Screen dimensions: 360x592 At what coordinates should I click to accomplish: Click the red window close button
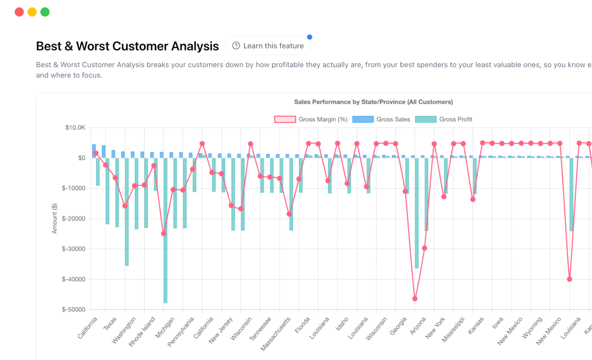[x=19, y=12]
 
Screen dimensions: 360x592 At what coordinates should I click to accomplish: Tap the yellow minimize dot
[x=32, y=12]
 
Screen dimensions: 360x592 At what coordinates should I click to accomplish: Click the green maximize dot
[x=45, y=12]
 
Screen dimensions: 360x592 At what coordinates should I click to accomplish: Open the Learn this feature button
[x=268, y=46]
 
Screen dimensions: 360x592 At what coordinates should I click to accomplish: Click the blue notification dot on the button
[x=309, y=37]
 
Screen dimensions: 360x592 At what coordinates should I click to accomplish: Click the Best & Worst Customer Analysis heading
[x=127, y=46]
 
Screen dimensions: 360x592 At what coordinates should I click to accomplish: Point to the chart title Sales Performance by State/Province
[x=373, y=102]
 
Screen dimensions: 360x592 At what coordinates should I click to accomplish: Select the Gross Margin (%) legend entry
[x=311, y=119]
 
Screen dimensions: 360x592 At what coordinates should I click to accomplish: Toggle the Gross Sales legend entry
[x=381, y=119]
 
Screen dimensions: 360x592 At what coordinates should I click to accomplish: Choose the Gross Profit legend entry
[x=444, y=119]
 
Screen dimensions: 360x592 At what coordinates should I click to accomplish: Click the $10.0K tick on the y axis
[x=75, y=128]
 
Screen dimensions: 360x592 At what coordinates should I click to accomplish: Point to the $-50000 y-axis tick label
[x=73, y=309]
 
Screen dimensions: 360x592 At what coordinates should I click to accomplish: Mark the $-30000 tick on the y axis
[x=73, y=249]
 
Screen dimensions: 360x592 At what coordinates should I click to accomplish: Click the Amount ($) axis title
[x=55, y=219]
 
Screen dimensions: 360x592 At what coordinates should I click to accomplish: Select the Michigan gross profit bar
[x=166, y=230]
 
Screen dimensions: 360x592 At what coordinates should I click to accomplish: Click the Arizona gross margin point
[x=415, y=298]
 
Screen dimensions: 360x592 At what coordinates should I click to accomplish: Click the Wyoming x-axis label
[x=533, y=327]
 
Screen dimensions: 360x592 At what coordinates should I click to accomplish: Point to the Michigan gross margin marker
[x=163, y=234]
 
